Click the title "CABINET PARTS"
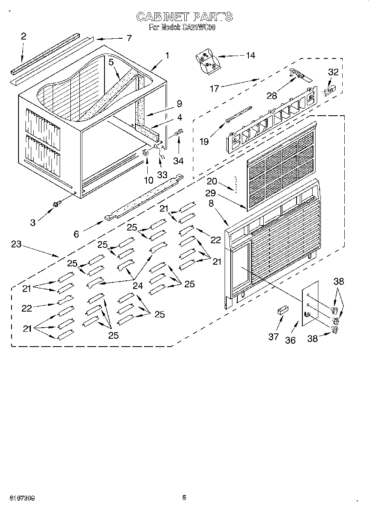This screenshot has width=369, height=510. [184, 16]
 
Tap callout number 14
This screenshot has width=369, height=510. [250, 55]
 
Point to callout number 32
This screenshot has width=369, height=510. [333, 72]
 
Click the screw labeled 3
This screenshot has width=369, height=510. [56, 203]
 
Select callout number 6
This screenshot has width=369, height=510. [77, 233]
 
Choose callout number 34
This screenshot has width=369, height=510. [178, 161]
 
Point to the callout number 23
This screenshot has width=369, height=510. [16, 244]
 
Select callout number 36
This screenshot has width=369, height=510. [290, 340]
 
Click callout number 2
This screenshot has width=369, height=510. [23, 36]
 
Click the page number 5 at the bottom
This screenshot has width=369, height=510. [184, 498]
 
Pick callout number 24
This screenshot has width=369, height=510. [138, 286]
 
